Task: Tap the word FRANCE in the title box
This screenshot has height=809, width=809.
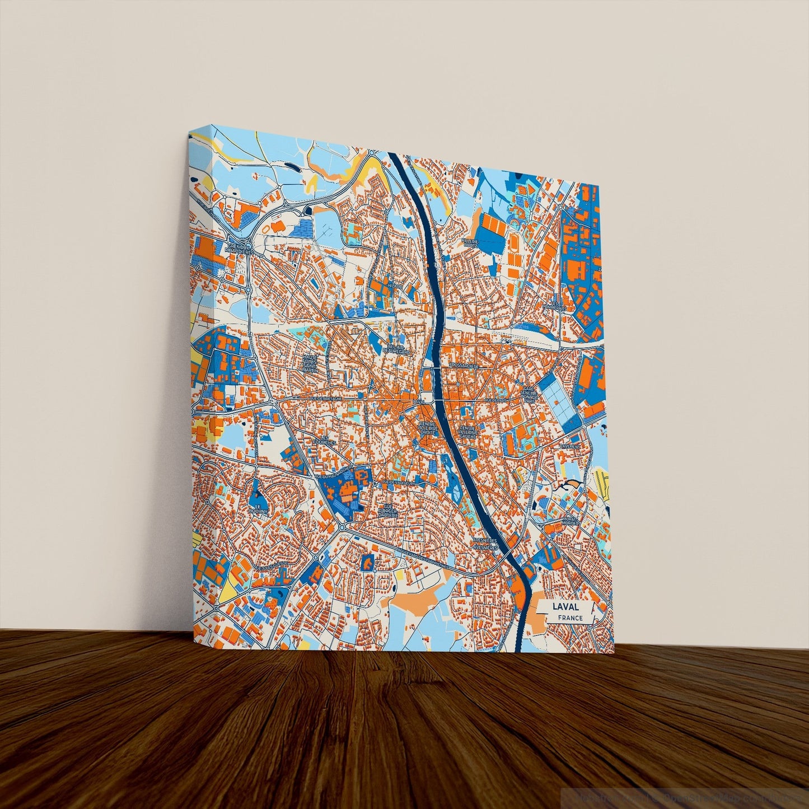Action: (x=570, y=618)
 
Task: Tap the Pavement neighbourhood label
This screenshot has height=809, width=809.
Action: (x=570, y=447)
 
